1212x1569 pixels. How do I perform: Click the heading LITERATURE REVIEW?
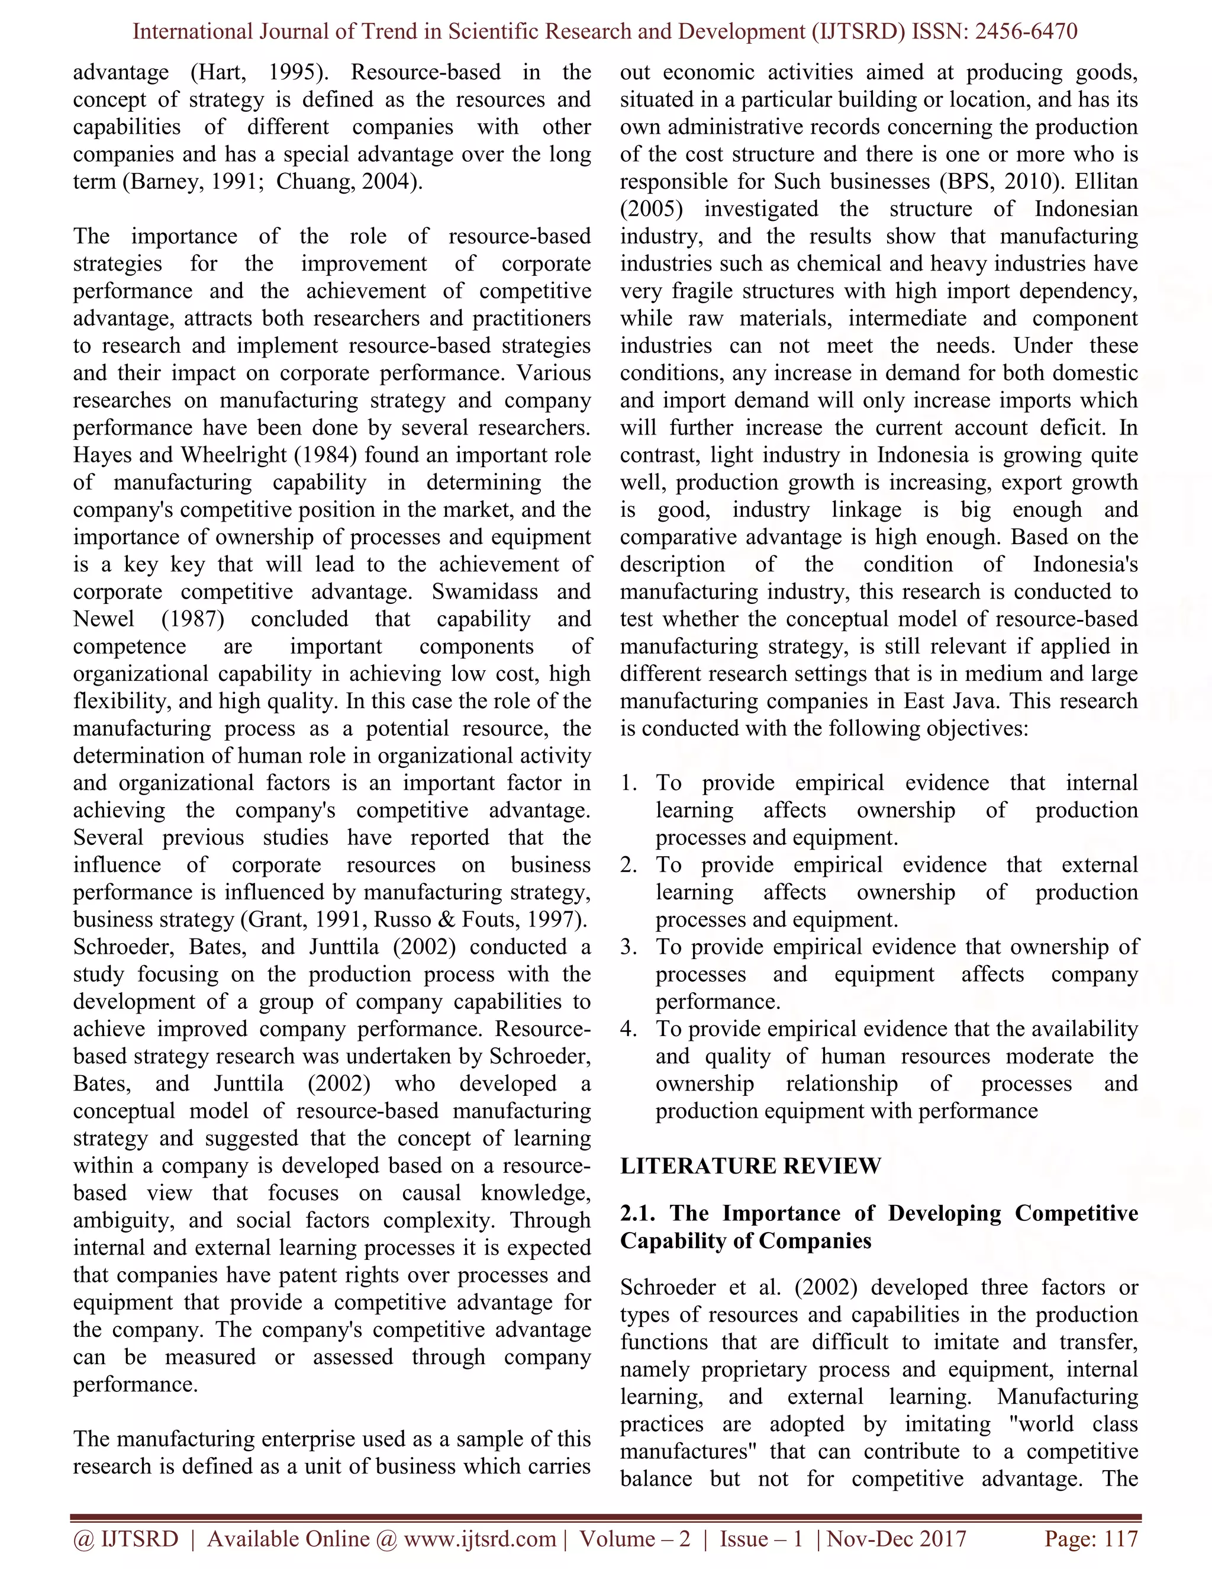(750, 1166)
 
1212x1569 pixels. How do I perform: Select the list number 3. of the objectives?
(629, 947)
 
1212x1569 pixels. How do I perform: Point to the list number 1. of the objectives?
(629, 783)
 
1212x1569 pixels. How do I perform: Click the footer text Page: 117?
(1091, 1538)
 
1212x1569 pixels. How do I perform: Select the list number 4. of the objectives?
(629, 1030)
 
